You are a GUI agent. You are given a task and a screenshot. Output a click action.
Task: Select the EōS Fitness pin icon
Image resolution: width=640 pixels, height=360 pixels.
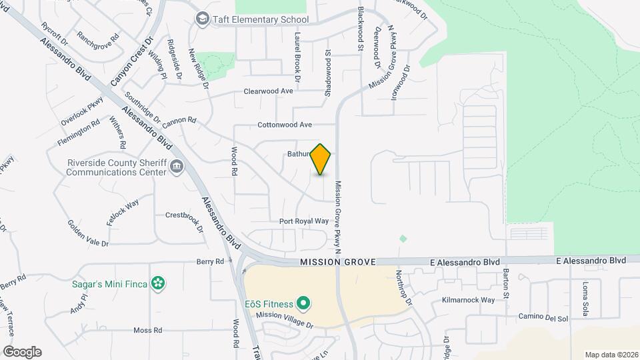tap(303, 305)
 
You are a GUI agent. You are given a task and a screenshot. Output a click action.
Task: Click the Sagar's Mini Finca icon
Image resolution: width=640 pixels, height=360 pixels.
tap(158, 284)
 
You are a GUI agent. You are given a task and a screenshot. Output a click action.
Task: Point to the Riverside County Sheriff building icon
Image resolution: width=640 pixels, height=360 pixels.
tap(177, 167)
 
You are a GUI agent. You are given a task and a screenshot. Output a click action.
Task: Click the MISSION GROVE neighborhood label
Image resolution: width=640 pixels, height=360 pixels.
tap(338, 263)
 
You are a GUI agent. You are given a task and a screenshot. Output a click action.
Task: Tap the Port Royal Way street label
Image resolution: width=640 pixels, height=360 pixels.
tap(304, 221)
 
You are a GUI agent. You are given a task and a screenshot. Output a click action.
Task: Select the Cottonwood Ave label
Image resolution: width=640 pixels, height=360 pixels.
tap(285, 125)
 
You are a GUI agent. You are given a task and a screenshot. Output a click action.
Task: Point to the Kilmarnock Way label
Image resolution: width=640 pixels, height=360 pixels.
tap(469, 300)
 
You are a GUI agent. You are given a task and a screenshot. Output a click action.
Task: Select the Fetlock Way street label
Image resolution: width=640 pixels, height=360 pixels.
tap(122, 212)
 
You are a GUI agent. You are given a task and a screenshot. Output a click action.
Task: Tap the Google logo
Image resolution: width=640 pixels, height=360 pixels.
tap(22, 352)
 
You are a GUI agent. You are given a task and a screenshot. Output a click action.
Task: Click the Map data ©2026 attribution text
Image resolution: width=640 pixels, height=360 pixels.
tap(611, 355)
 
